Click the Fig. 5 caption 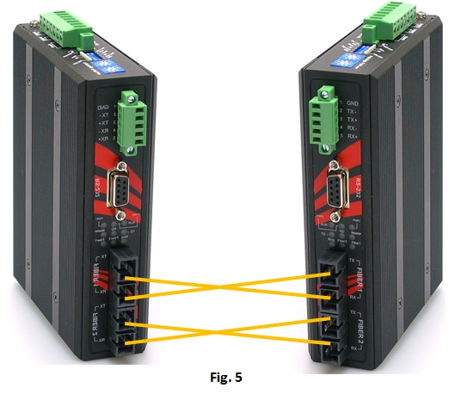(231, 376)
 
